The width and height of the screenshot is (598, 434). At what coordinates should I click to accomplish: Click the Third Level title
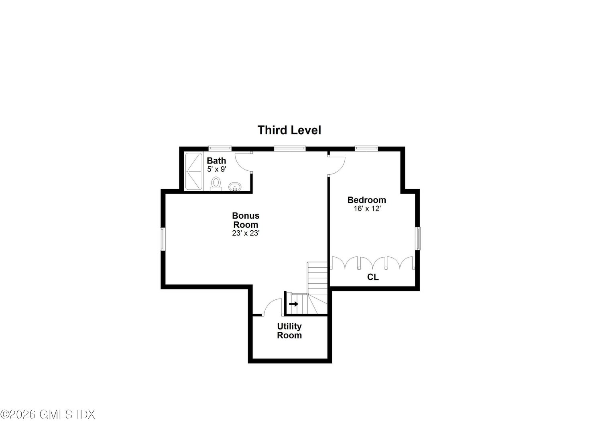(289, 130)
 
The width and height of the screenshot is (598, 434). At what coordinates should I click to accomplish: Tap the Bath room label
(216, 161)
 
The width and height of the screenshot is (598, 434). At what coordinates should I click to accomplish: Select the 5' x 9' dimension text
(216, 170)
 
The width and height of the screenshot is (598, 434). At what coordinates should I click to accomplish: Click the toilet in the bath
(216, 183)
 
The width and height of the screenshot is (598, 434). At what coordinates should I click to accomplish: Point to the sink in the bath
(234, 187)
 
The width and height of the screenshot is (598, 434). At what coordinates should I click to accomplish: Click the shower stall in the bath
(194, 172)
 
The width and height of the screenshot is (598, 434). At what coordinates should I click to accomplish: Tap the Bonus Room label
(246, 220)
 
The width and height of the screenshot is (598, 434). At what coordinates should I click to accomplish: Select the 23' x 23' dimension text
(246, 233)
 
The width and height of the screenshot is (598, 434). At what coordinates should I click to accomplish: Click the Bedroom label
(366, 200)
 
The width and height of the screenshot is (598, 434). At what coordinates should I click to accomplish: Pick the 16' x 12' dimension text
(366, 209)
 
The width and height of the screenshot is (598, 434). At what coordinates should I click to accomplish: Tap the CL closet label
(373, 277)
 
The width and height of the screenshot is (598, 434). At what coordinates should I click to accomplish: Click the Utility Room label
(289, 331)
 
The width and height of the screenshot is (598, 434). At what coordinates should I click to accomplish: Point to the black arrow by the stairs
(294, 304)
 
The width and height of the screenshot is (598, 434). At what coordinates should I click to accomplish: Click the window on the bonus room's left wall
(163, 239)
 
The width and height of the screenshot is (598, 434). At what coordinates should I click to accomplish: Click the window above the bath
(220, 149)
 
